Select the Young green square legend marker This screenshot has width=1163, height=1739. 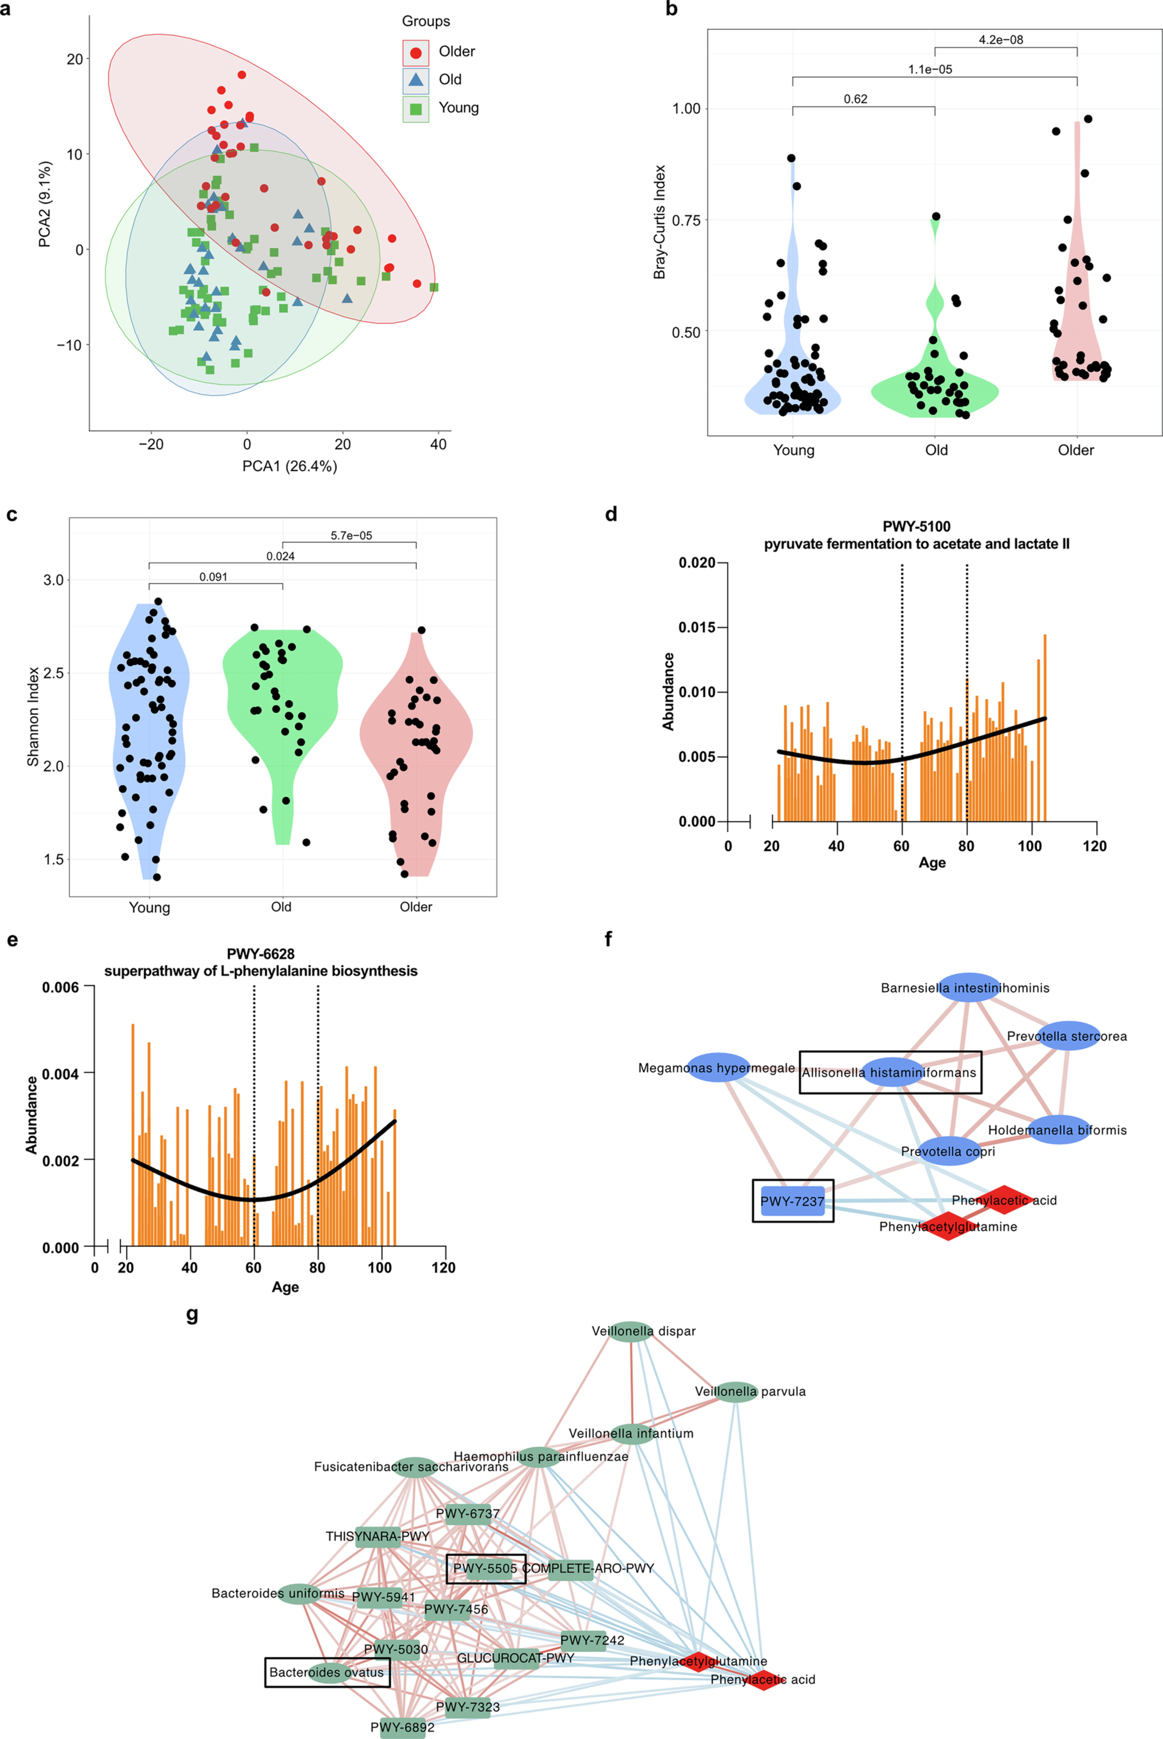[416, 108]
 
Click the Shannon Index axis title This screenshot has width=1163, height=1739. [33, 716]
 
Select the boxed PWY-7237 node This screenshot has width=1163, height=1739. [792, 1201]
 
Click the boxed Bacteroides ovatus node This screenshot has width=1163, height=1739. [327, 1672]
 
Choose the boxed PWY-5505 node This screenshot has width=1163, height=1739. [486, 1568]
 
